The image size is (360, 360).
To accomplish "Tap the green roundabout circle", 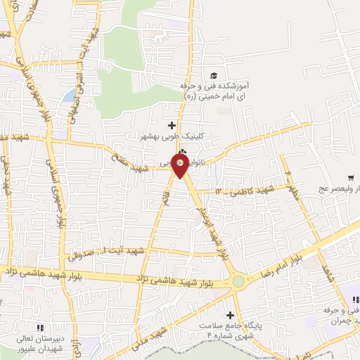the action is point(239,282).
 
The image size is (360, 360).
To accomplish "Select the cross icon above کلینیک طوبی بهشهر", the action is point(172,125).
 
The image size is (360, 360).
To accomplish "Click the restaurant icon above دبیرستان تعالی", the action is point(39,328).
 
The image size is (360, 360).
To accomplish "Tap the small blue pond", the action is point(68,95).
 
